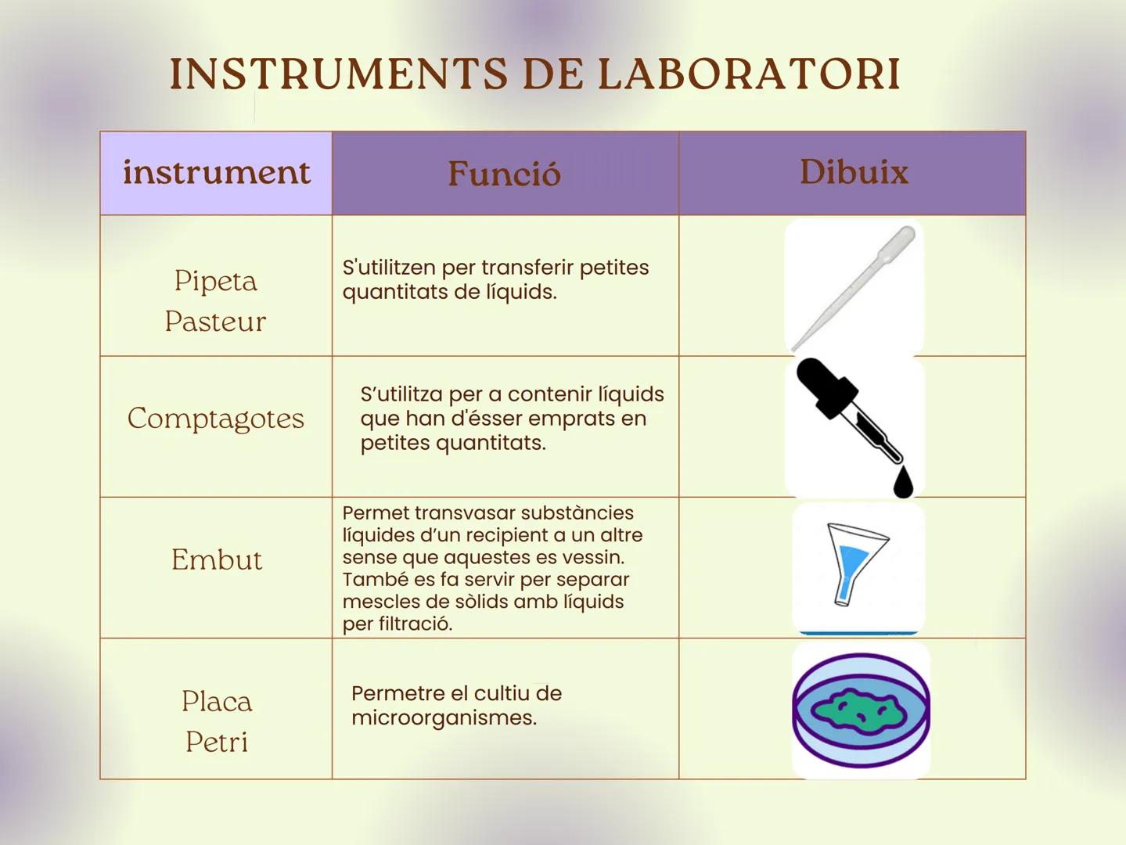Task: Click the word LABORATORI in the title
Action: [x=749, y=74]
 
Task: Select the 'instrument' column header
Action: [x=216, y=172]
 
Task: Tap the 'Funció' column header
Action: [x=505, y=174]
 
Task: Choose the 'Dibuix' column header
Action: [x=854, y=172]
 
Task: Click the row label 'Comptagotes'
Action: [x=216, y=419]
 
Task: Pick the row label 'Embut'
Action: [x=217, y=560]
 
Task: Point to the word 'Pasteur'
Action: [x=215, y=322]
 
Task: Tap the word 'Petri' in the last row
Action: [x=217, y=742]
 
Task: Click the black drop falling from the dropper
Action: [x=903, y=483]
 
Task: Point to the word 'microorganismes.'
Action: [x=444, y=718]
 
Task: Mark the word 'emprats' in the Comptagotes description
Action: [x=574, y=419]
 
